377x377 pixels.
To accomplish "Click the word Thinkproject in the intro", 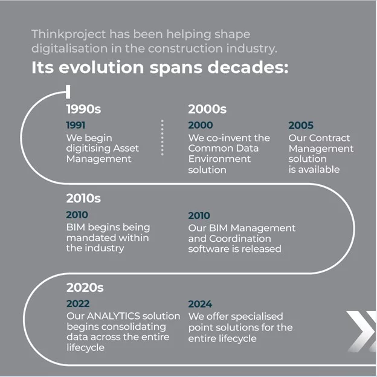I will coord(62,34).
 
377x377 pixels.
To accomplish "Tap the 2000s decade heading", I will coord(207,109).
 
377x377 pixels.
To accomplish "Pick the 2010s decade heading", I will coord(83,198).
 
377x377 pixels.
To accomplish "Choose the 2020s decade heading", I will coord(85,287).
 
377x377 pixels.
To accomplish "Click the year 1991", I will coord(76,125).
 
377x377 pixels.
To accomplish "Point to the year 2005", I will coord(301,126).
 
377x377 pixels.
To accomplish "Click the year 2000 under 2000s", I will coord(201,126).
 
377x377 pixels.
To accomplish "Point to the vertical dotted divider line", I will coord(162,138).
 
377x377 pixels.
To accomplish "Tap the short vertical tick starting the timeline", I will coord(68,92).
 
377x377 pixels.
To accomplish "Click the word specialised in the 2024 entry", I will coord(253,317).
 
